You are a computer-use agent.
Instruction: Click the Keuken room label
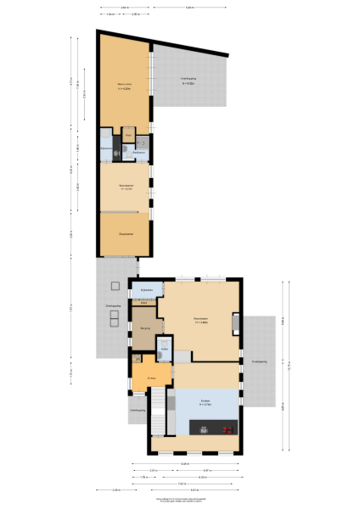click(x=205, y=402)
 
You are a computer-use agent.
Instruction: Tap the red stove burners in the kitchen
click(x=227, y=428)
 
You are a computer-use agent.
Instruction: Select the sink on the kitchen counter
click(x=204, y=428)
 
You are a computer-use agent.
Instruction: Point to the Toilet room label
click(x=165, y=349)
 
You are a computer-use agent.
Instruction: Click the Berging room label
click(x=145, y=327)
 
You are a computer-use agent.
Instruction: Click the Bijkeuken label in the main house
click(x=147, y=290)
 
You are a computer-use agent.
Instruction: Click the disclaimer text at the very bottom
click(x=180, y=501)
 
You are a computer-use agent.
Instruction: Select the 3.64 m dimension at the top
click(x=125, y=7)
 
